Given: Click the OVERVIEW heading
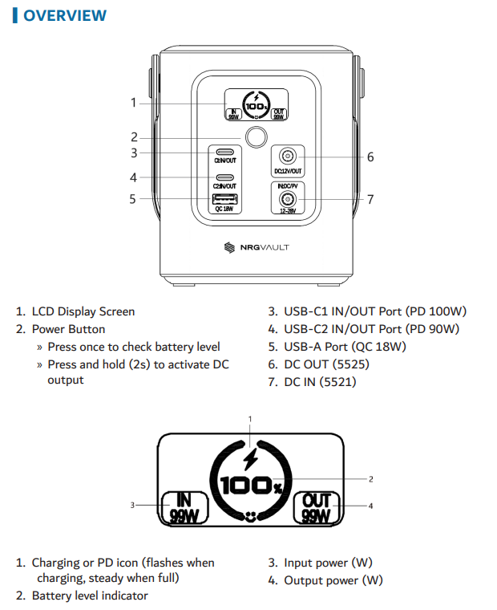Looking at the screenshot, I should tap(64, 15).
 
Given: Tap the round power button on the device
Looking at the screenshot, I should tap(256, 137).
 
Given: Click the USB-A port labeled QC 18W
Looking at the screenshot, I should tap(225, 197).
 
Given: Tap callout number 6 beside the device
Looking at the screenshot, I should tap(370, 157).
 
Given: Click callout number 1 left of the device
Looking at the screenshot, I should tap(133, 102).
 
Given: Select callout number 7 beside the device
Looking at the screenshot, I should tap(370, 199).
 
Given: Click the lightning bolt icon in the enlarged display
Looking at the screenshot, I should tap(251, 460).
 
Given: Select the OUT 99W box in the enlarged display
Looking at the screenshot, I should tap(315, 507).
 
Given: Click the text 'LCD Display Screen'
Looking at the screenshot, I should tap(83, 311).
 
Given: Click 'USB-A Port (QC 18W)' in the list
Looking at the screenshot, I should tap(345, 347).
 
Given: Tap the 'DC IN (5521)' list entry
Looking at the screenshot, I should tap(320, 382).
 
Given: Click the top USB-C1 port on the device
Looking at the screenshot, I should tap(225, 152).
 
